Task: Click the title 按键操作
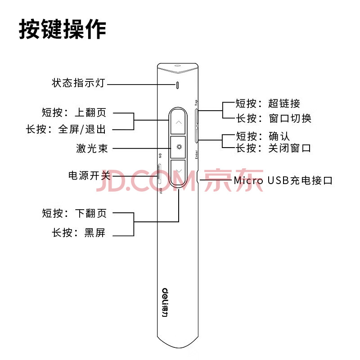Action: point(63,29)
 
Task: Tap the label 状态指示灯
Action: point(78,83)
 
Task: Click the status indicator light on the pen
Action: point(177,85)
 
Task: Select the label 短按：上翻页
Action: point(74,112)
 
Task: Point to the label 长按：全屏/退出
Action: point(66,129)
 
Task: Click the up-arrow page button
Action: point(178,122)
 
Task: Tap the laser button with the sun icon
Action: point(178,147)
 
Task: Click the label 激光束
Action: point(92,148)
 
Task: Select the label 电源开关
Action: point(89,175)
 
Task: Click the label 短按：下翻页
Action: point(74,213)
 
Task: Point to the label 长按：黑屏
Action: point(79,233)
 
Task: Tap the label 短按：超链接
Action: point(268,103)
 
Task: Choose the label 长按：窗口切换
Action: point(274,118)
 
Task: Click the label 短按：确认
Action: point(263,136)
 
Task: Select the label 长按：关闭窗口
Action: point(274,148)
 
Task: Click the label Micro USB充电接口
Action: point(283,180)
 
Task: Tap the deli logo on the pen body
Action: point(165,302)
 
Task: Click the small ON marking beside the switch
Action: point(160,156)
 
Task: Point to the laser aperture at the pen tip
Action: point(177,66)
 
